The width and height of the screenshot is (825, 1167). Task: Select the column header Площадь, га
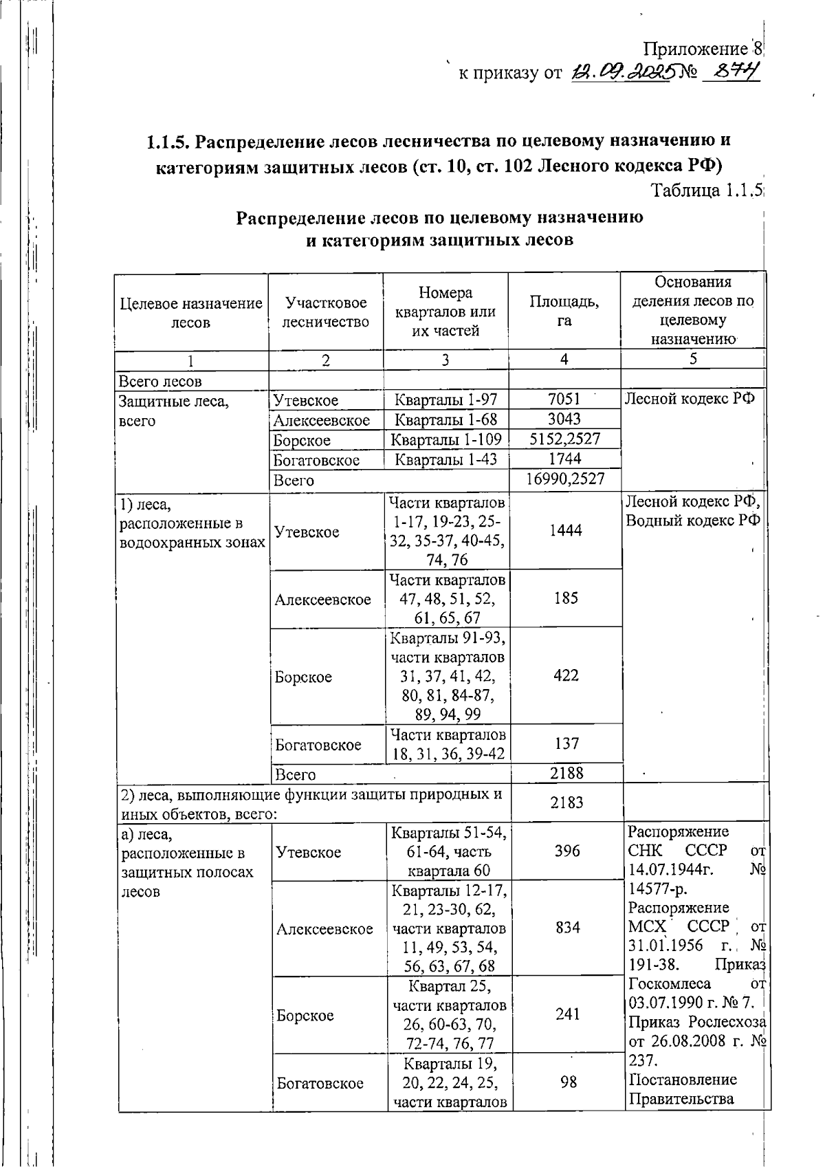coord(564,311)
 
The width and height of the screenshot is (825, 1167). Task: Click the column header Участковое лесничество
coord(325,312)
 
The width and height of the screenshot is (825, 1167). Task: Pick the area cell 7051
coord(564,399)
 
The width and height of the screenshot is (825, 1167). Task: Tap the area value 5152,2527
coord(564,439)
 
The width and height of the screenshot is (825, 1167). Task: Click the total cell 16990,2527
coord(564,479)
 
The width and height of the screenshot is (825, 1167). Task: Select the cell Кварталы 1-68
coord(445,419)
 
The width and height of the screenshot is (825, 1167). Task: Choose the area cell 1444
coord(564,530)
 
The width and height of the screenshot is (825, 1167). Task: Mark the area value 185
coord(565,598)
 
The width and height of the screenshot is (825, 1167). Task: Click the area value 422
coord(565,675)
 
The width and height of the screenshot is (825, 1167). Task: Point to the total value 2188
coord(566,773)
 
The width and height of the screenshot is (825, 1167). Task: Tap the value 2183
coord(566,802)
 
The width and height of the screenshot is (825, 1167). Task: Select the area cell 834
coord(567,928)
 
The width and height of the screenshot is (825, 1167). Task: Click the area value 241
coord(567,1014)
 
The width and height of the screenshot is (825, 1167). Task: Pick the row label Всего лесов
coord(161,381)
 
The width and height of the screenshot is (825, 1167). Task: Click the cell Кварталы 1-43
coord(445,459)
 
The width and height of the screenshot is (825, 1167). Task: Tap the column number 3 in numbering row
coord(445,360)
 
